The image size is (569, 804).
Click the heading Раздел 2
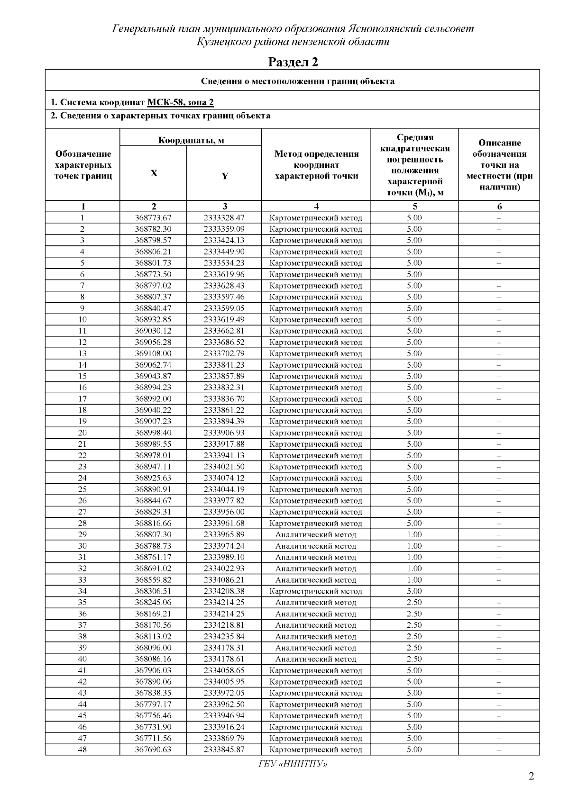[x=293, y=62]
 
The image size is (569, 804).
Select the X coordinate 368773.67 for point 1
[x=153, y=218]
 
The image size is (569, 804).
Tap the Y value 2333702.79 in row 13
[x=224, y=353]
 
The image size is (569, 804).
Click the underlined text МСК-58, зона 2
[x=181, y=102]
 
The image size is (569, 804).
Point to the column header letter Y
[x=225, y=176]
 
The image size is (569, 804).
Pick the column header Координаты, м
[x=191, y=140]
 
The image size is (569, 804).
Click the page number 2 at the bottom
[x=531, y=777]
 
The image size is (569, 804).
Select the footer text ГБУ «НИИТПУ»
[x=293, y=764]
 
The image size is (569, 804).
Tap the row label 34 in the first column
[x=83, y=591]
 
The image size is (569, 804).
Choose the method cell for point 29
[x=316, y=534]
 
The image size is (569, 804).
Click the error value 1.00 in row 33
[x=414, y=579]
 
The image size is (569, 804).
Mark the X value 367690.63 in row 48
[x=153, y=750]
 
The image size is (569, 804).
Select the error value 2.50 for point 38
[x=414, y=636]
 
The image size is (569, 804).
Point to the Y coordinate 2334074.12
[x=224, y=478]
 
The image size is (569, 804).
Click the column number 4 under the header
[x=316, y=206]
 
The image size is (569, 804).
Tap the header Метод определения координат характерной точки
[x=316, y=165]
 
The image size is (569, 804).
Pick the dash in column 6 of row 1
[x=499, y=218]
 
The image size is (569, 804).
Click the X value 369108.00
[x=153, y=353]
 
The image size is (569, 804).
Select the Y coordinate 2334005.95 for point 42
[x=224, y=682]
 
